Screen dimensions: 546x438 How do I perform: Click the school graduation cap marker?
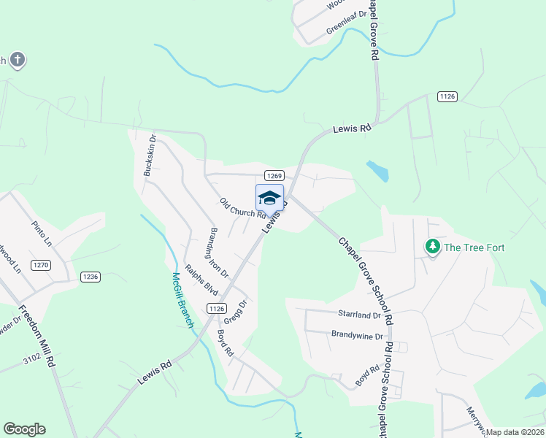click(269, 198)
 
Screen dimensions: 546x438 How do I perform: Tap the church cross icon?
click(18, 60)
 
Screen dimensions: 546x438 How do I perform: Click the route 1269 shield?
click(274, 176)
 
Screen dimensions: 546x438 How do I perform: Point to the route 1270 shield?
click(41, 265)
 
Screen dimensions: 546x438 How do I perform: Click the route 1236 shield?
click(91, 277)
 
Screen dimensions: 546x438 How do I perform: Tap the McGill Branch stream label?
click(182, 300)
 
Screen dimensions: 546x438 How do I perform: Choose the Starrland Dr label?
click(359, 315)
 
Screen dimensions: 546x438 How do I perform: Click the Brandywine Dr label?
click(357, 337)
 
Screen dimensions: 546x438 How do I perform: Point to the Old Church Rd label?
click(242, 208)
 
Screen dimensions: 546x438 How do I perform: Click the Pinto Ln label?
click(42, 232)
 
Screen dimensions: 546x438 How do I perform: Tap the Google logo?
click(24, 429)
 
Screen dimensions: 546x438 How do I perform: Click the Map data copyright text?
click(515, 432)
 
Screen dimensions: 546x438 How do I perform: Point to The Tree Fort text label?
click(474, 247)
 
